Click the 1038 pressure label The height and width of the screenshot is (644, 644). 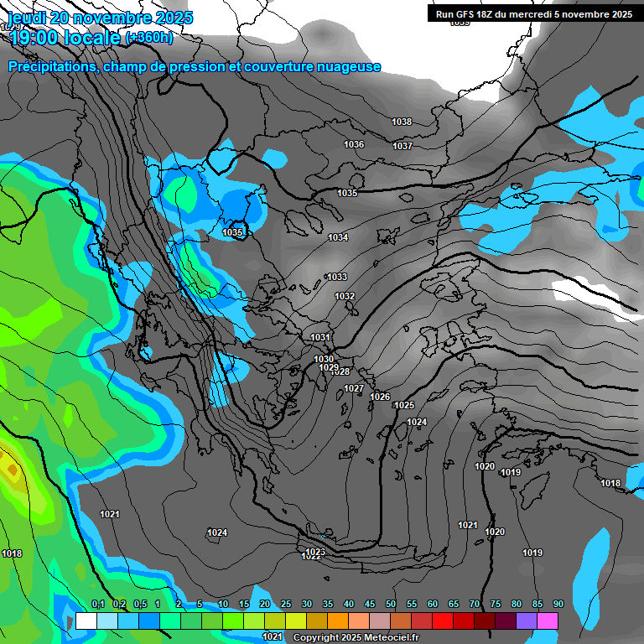402,122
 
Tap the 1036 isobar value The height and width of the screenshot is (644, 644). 354,144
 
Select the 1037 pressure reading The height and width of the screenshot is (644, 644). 402,146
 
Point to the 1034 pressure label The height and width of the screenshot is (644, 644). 338,237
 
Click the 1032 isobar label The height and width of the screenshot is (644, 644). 345,296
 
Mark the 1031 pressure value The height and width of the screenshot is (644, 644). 320,337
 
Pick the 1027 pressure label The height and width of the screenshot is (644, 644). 354,388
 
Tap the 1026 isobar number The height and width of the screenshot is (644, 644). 380,397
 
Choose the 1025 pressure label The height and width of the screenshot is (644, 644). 404,405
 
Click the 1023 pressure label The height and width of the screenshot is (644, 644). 315,552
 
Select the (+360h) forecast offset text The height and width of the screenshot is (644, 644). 149,37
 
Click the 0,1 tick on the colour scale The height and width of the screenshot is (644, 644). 97,605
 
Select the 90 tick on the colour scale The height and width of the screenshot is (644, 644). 558,605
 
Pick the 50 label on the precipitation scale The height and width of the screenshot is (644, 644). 391,605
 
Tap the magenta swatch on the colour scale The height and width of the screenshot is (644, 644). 548,621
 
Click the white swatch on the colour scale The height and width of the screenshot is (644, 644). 86,621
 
